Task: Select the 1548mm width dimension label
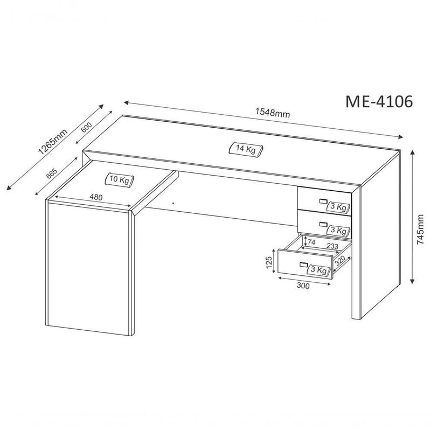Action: click(x=273, y=113)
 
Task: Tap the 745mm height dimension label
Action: click(x=421, y=231)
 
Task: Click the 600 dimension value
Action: click(x=86, y=129)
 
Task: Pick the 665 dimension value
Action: click(x=52, y=173)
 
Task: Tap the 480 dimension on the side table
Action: click(x=96, y=197)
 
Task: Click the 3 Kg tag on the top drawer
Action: click(x=338, y=207)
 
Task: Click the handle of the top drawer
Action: click(x=323, y=201)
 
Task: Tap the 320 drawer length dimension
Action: click(x=340, y=262)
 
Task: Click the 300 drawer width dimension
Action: click(x=303, y=286)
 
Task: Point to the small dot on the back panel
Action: click(x=173, y=203)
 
